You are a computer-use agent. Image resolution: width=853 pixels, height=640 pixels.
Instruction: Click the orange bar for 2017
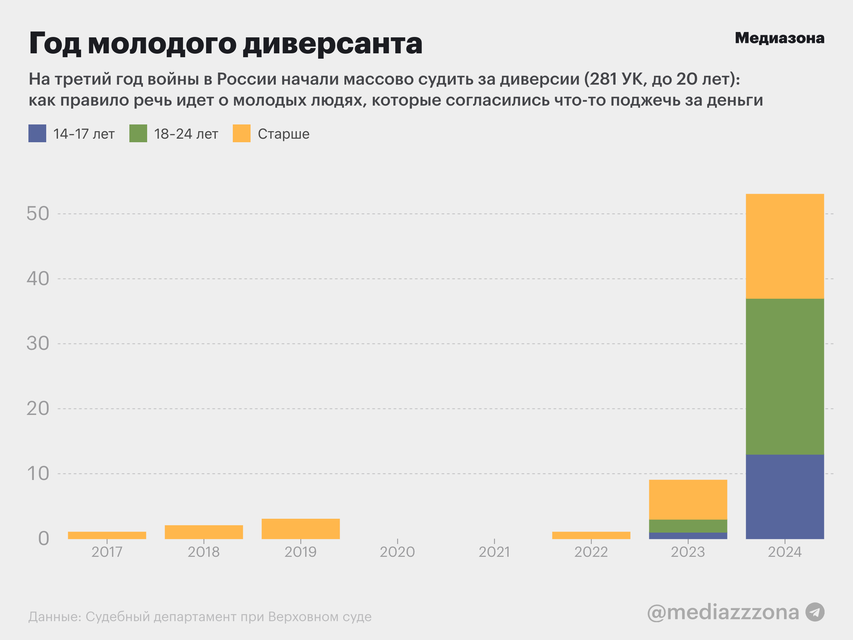pyautogui.click(x=107, y=535)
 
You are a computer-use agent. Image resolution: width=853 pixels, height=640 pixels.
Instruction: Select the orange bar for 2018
pyautogui.click(x=204, y=532)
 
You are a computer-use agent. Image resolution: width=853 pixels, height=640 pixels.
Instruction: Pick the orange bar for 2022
pyautogui.click(x=591, y=535)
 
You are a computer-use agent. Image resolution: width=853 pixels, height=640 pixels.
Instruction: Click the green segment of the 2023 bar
pyautogui.click(x=688, y=526)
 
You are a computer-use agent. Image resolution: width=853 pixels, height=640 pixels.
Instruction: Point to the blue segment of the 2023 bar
pyautogui.click(x=688, y=535)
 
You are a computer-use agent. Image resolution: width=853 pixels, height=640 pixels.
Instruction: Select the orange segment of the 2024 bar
pyautogui.click(x=785, y=246)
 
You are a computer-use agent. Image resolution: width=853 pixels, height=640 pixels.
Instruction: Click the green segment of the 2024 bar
pyautogui.click(x=785, y=377)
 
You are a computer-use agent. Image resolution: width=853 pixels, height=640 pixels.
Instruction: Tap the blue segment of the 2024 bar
pyautogui.click(x=785, y=496)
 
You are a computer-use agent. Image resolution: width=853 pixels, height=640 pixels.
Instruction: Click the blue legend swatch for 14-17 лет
pyautogui.click(x=37, y=133)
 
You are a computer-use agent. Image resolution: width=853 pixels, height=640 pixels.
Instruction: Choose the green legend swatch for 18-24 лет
pyautogui.click(x=138, y=133)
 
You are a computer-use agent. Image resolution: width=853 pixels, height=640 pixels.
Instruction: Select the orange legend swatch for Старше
pyautogui.click(x=241, y=133)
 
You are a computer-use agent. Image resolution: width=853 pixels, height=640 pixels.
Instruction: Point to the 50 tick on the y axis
pyautogui.click(x=38, y=214)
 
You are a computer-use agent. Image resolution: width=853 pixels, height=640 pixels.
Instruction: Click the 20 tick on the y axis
pyautogui.click(x=38, y=409)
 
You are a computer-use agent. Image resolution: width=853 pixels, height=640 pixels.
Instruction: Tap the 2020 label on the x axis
pyautogui.click(x=397, y=552)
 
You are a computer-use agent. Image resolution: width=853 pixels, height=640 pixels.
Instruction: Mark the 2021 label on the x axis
pyautogui.click(x=494, y=552)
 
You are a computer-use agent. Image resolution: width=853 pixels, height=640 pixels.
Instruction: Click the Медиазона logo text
pyautogui.click(x=779, y=38)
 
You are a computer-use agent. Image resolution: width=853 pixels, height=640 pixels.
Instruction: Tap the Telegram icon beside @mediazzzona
pyautogui.click(x=815, y=612)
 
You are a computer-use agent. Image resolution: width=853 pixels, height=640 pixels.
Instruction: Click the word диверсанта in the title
pyautogui.click(x=333, y=43)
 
